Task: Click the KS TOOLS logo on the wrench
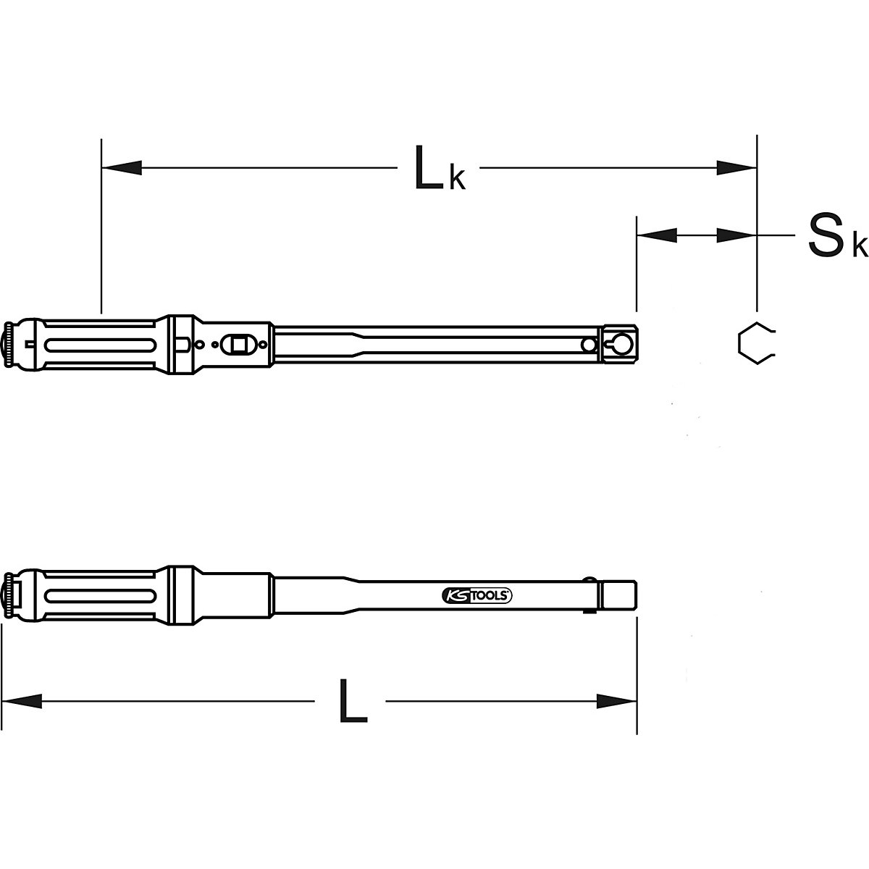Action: click(x=476, y=595)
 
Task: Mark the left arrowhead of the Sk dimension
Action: click(x=656, y=235)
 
